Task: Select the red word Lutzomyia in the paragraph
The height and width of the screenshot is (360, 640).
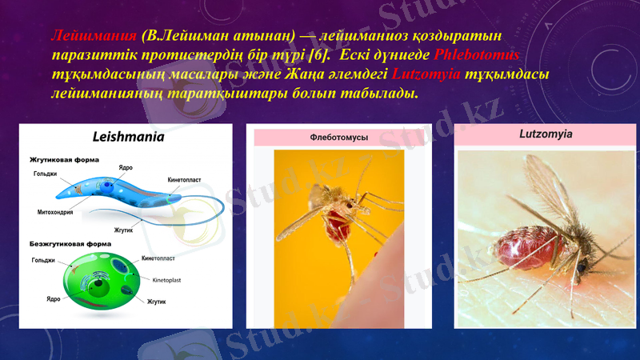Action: tap(426, 74)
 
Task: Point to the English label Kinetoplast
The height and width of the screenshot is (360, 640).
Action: tap(169, 281)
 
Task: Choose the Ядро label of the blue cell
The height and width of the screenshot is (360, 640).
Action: tap(126, 167)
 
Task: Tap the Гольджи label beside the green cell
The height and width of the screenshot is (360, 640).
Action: tap(43, 260)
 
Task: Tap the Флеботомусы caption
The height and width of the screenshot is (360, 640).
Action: tap(338, 138)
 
